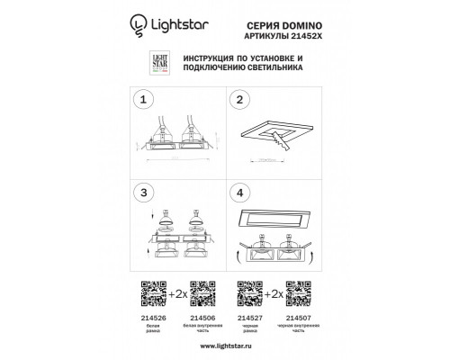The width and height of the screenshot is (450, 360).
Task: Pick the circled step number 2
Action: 240,100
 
